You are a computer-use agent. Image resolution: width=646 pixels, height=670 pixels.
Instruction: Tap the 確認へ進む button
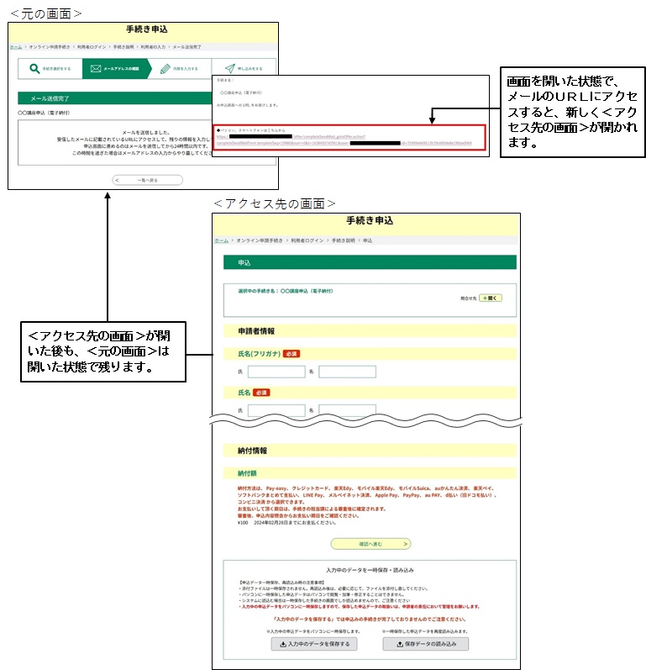click(x=370, y=543)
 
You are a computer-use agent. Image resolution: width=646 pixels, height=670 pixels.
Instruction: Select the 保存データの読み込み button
click(x=425, y=644)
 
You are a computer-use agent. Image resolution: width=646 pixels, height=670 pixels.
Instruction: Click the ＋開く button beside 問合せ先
click(x=491, y=298)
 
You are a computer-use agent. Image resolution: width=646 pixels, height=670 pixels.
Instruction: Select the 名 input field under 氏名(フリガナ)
click(x=347, y=372)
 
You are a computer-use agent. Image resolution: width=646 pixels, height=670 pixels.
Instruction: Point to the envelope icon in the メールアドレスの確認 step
click(x=96, y=68)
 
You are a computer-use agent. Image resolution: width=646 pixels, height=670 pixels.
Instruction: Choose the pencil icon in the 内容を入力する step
click(x=165, y=68)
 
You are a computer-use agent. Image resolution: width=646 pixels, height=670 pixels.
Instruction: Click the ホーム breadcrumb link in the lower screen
click(x=221, y=240)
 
